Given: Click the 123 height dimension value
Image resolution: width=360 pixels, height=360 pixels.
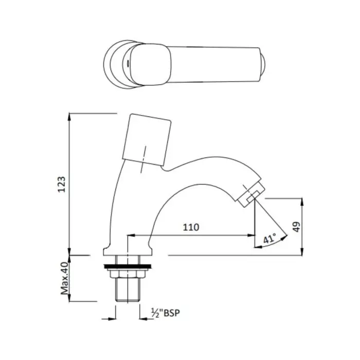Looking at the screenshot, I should click(61, 184).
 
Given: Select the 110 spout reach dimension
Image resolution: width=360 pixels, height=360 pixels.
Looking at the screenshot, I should click(190, 227).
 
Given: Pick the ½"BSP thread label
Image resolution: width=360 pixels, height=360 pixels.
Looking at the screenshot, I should click(167, 313).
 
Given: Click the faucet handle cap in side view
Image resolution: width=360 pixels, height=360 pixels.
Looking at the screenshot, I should click(147, 139).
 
